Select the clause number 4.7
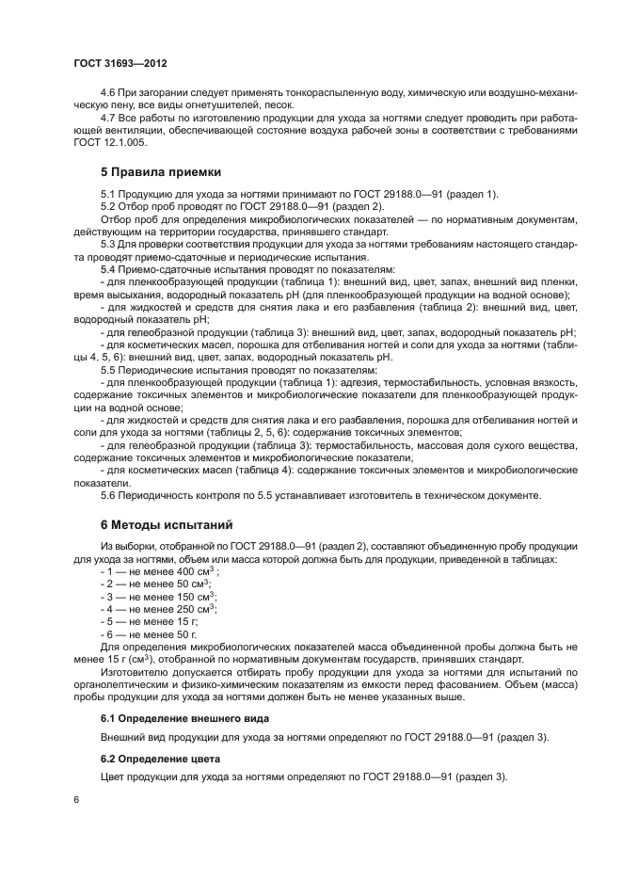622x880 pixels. click(108, 117)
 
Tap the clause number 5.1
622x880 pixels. click(108, 195)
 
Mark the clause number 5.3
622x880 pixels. click(108, 244)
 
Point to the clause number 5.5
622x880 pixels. click(108, 370)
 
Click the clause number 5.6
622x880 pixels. click(108, 494)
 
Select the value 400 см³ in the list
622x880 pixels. click(195, 571)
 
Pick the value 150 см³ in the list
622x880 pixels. click(195, 596)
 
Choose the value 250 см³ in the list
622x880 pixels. click(195, 608)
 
